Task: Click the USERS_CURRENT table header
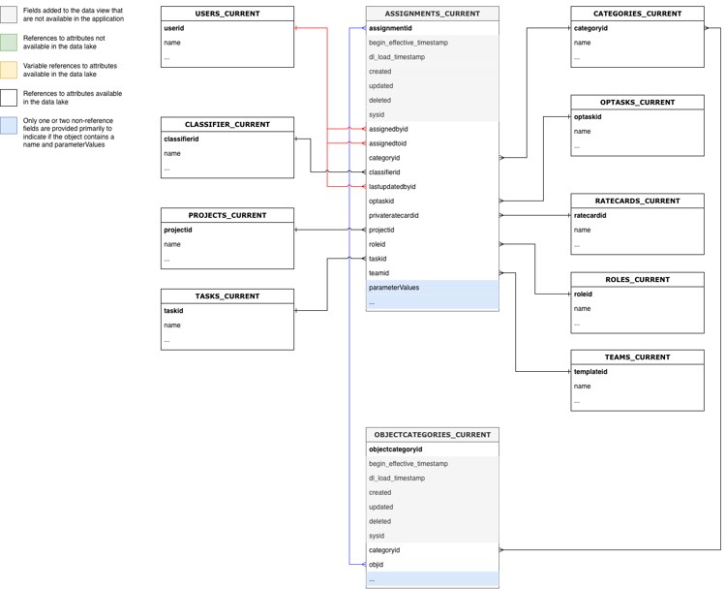point(227,14)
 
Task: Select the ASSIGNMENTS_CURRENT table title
point(432,14)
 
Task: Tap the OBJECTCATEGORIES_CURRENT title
point(432,435)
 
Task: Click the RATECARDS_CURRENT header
point(637,201)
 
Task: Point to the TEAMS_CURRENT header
point(637,357)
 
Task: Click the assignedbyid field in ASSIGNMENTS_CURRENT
point(388,129)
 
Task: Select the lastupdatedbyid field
point(392,186)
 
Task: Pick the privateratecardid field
point(394,215)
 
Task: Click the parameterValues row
point(394,288)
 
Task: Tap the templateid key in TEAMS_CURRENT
point(590,371)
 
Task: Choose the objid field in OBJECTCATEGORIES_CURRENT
point(377,564)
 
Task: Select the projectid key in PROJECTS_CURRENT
point(178,231)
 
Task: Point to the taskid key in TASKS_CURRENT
point(174,311)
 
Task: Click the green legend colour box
point(9,42)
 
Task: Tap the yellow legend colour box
point(9,70)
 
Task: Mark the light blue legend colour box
point(9,124)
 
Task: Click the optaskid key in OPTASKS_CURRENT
point(588,116)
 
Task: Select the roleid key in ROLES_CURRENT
point(584,294)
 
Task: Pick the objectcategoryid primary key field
point(395,449)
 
